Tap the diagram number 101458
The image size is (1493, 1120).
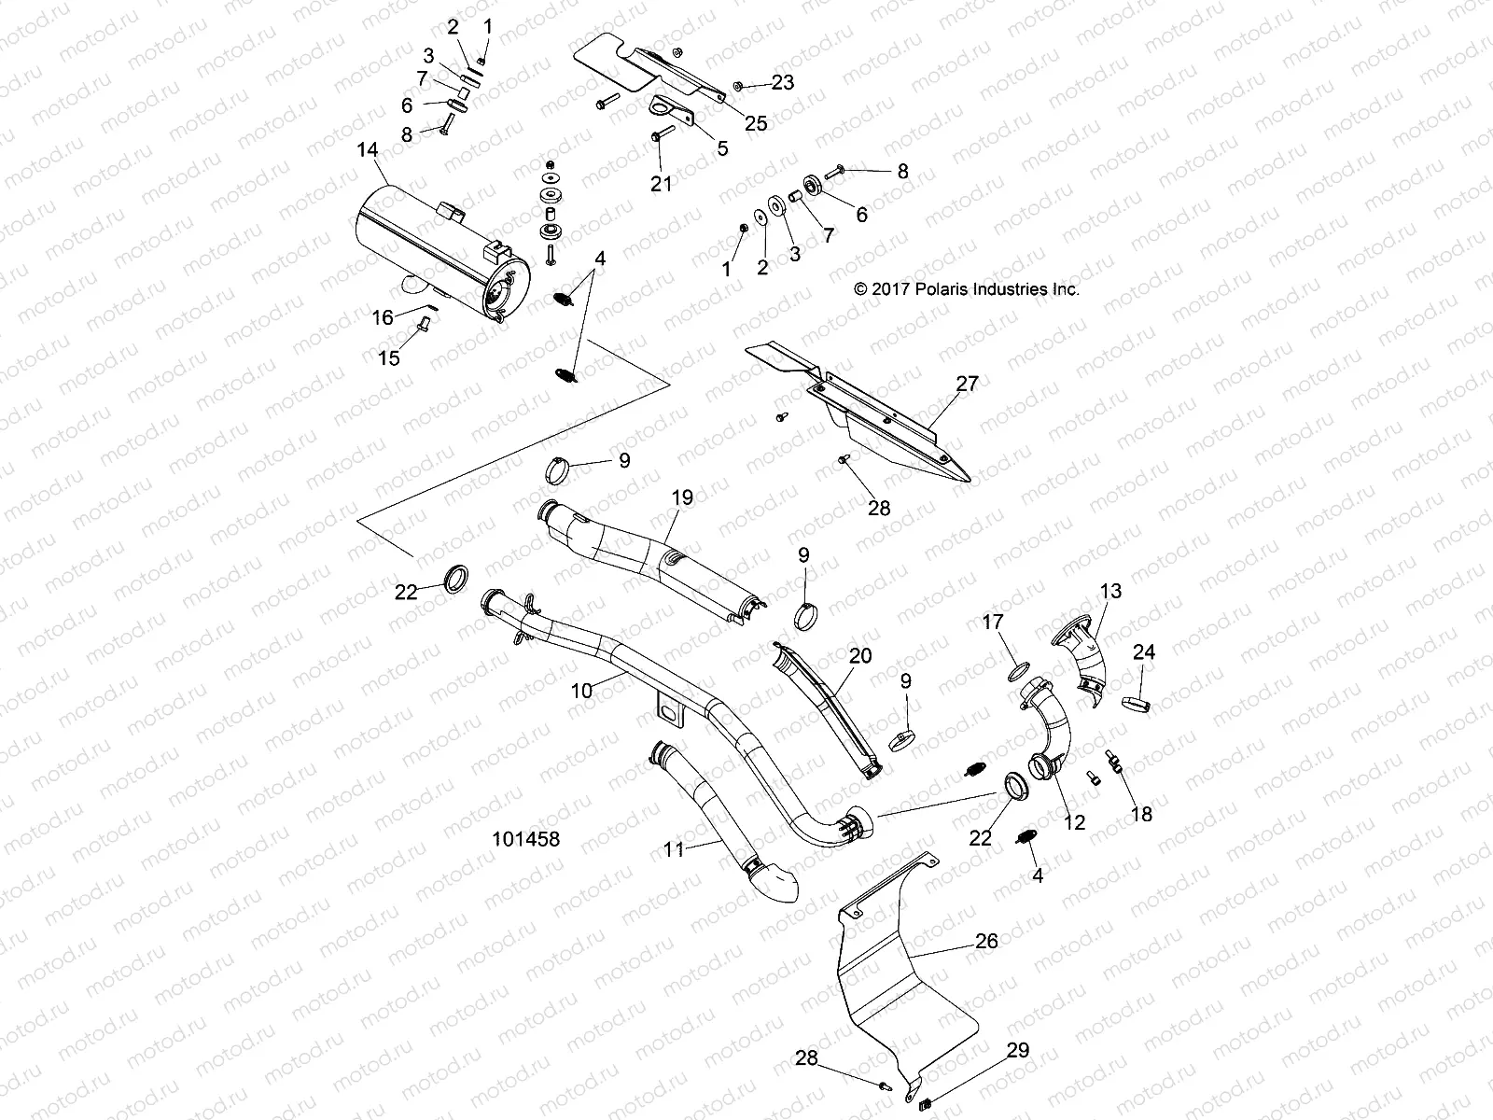(525, 839)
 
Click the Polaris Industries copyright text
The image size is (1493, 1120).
(967, 289)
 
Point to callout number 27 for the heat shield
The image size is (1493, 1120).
(967, 383)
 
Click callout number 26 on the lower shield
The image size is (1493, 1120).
(986, 942)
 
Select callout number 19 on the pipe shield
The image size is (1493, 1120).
(682, 497)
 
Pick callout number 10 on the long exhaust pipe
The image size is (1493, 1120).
(581, 691)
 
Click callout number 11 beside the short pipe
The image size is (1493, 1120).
(674, 849)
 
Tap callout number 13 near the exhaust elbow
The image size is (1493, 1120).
(1110, 592)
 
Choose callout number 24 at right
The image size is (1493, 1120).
(1144, 652)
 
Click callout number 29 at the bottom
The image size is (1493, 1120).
(1018, 1051)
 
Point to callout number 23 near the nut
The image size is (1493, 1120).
(782, 82)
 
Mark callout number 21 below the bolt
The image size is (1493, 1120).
(661, 185)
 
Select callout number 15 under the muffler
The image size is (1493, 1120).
(389, 357)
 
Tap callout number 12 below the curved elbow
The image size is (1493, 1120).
(1075, 822)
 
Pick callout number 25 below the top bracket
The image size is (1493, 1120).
(756, 123)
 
